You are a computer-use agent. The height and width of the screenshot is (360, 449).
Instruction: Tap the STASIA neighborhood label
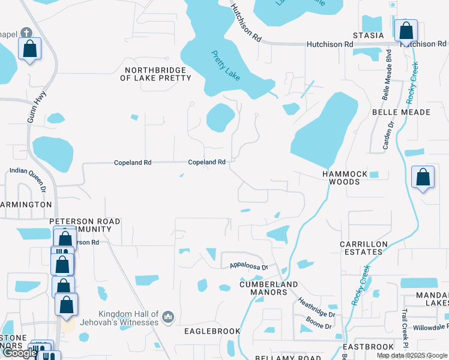(x=368, y=35)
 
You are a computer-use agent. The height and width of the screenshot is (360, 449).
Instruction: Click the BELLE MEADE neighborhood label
(x=402, y=112)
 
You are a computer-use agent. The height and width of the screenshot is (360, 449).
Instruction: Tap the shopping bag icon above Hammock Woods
(x=423, y=178)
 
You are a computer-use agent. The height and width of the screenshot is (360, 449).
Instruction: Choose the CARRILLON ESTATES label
(x=361, y=248)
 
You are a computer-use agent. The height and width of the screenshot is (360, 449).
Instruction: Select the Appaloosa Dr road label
(x=248, y=266)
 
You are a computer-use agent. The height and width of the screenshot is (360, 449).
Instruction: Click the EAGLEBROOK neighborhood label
(x=212, y=331)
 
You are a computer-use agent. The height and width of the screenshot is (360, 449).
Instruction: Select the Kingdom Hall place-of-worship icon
(x=168, y=316)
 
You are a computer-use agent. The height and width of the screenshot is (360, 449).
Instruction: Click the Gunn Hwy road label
(x=32, y=112)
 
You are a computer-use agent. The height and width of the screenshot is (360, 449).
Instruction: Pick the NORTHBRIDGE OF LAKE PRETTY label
(x=156, y=74)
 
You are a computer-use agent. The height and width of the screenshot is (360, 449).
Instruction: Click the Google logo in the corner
(x=20, y=353)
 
